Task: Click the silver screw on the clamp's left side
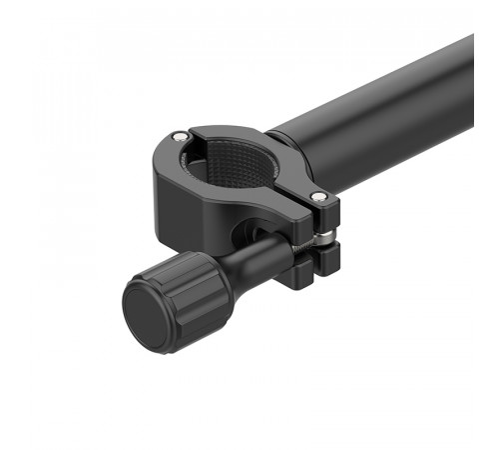pyautogui.click(x=179, y=136)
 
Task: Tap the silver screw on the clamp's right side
pyautogui.click(x=317, y=196)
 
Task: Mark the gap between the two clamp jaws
pyautogui.click(x=329, y=240)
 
